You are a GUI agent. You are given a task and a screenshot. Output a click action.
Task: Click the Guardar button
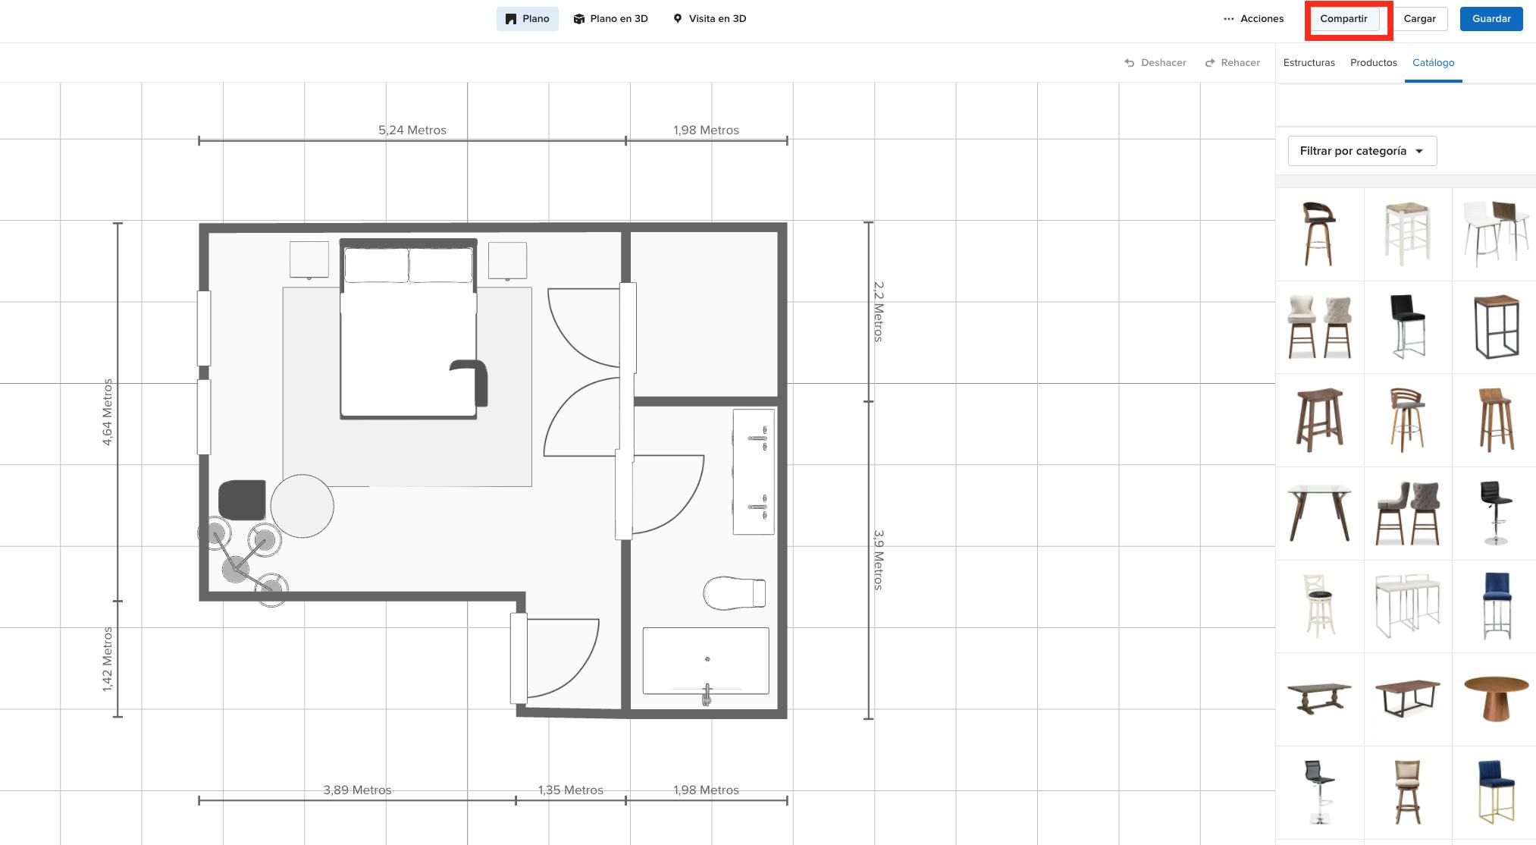click(1491, 19)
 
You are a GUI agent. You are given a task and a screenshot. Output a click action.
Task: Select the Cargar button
click(1419, 19)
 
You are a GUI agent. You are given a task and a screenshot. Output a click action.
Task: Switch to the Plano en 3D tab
click(610, 19)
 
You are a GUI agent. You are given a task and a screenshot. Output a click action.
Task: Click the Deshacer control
click(1155, 63)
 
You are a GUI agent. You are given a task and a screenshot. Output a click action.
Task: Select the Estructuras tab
click(1309, 63)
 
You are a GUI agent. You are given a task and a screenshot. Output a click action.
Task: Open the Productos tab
click(1373, 63)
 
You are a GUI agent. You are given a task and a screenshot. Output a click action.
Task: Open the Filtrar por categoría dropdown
click(1362, 151)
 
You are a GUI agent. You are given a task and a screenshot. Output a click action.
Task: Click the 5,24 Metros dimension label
click(412, 130)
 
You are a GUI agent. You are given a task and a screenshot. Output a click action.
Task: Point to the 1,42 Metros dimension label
click(108, 658)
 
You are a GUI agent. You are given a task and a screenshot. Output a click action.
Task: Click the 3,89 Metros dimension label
click(357, 790)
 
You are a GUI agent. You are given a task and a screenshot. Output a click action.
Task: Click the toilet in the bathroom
click(733, 593)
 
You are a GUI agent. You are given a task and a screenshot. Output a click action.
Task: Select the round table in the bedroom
click(302, 506)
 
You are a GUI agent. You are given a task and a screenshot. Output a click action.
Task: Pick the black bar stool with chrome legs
click(1407, 326)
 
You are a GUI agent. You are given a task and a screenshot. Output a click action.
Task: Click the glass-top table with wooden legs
click(1319, 512)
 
